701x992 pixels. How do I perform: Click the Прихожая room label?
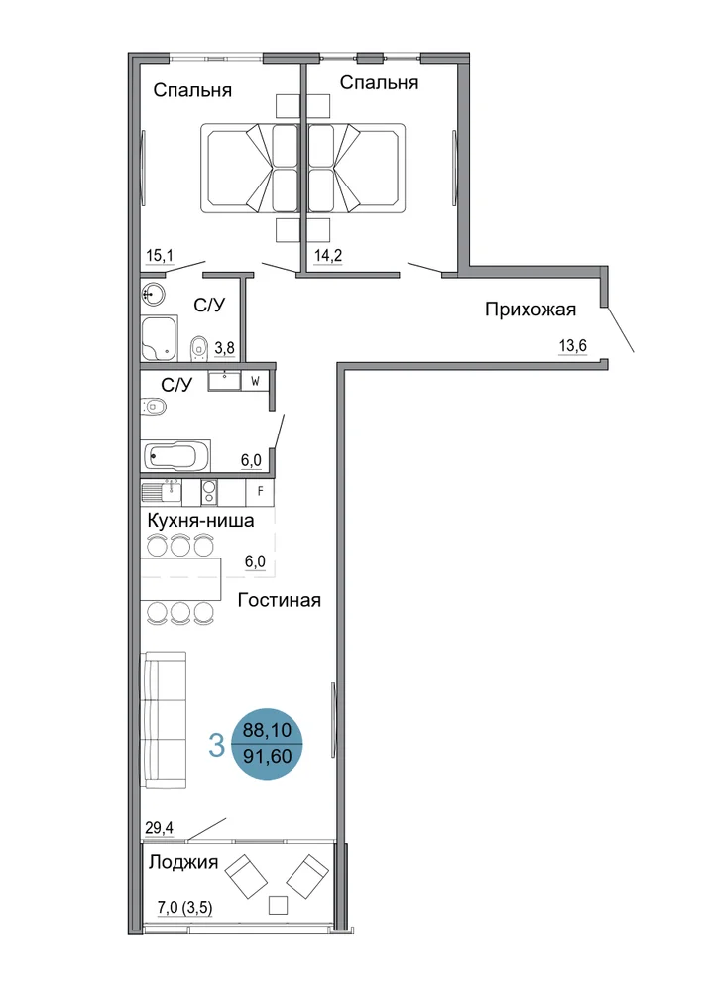tap(530, 310)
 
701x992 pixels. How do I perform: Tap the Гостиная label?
tap(280, 600)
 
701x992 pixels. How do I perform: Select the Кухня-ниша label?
tap(201, 521)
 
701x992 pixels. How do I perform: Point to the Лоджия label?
tap(183, 862)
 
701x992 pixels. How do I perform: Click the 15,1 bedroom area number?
tap(160, 256)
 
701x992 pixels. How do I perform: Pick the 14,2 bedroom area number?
tap(328, 256)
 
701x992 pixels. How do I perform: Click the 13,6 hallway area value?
tap(573, 345)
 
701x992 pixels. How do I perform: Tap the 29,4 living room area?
tap(160, 827)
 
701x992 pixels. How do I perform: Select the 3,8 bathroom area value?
tap(224, 347)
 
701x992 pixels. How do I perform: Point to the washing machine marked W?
tap(256, 382)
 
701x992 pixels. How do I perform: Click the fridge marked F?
tap(260, 492)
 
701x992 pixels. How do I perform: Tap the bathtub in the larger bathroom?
tap(175, 455)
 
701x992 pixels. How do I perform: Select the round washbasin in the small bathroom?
tap(153, 294)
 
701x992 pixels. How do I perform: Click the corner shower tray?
tap(159, 339)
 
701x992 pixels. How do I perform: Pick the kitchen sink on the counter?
tap(162, 492)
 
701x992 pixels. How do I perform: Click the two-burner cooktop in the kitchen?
tap(209, 492)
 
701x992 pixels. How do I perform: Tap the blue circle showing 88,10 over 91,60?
tap(268, 743)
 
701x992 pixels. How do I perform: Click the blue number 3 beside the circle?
tap(216, 745)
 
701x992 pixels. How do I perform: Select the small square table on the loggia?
tap(279, 906)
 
